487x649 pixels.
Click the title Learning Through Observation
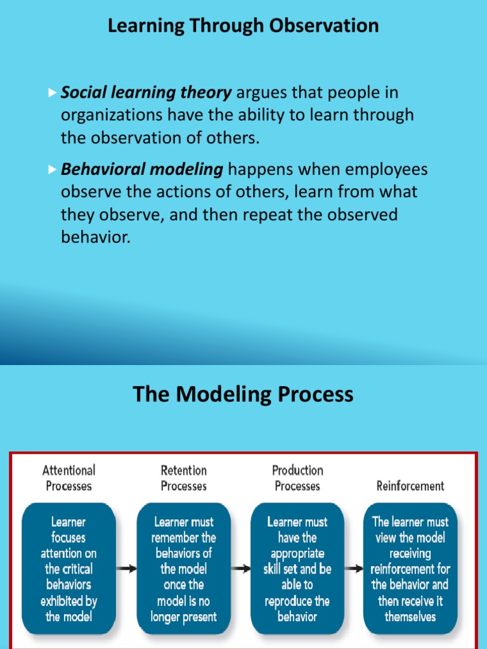(x=243, y=26)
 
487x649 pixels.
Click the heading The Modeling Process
(x=243, y=394)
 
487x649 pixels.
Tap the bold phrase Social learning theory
(x=146, y=93)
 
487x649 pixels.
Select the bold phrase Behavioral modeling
(x=142, y=170)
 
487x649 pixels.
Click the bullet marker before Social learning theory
(x=53, y=93)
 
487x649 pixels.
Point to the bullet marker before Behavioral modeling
(x=53, y=170)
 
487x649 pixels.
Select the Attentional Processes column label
(x=68, y=479)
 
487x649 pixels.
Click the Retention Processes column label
(x=183, y=479)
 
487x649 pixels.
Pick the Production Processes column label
(x=297, y=479)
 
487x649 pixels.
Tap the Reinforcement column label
(x=410, y=486)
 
